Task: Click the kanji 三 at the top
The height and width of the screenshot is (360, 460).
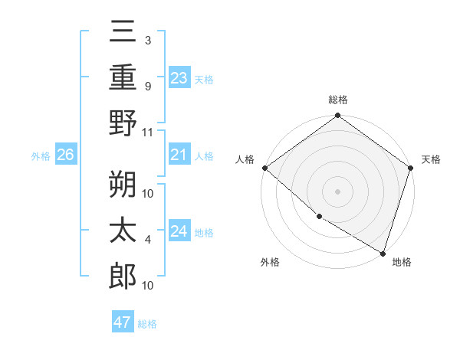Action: [x=123, y=34]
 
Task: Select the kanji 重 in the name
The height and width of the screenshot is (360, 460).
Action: [x=123, y=77]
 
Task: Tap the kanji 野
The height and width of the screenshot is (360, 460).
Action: [x=123, y=123]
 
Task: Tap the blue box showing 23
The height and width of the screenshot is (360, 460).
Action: [x=179, y=78]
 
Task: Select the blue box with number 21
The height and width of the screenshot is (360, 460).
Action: [x=179, y=155]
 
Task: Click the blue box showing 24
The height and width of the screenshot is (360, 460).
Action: [x=179, y=232]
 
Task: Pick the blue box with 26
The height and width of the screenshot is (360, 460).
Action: [x=66, y=155]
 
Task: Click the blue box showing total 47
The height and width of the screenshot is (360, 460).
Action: [x=123, y=322]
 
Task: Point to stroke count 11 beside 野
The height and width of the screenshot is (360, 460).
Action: [x=148, y=132]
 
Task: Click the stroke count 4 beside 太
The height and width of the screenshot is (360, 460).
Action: [x=148, y=241]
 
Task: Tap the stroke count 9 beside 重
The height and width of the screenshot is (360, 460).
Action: [x=148, y=87]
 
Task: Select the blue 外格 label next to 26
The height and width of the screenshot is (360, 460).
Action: [x=41, y=156]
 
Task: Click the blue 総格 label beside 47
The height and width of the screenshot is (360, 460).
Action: [x=148, y=323]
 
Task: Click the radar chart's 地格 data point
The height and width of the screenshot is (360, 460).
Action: [x=383, y=253]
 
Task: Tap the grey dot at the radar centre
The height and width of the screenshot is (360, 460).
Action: [x=337, y=191]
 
